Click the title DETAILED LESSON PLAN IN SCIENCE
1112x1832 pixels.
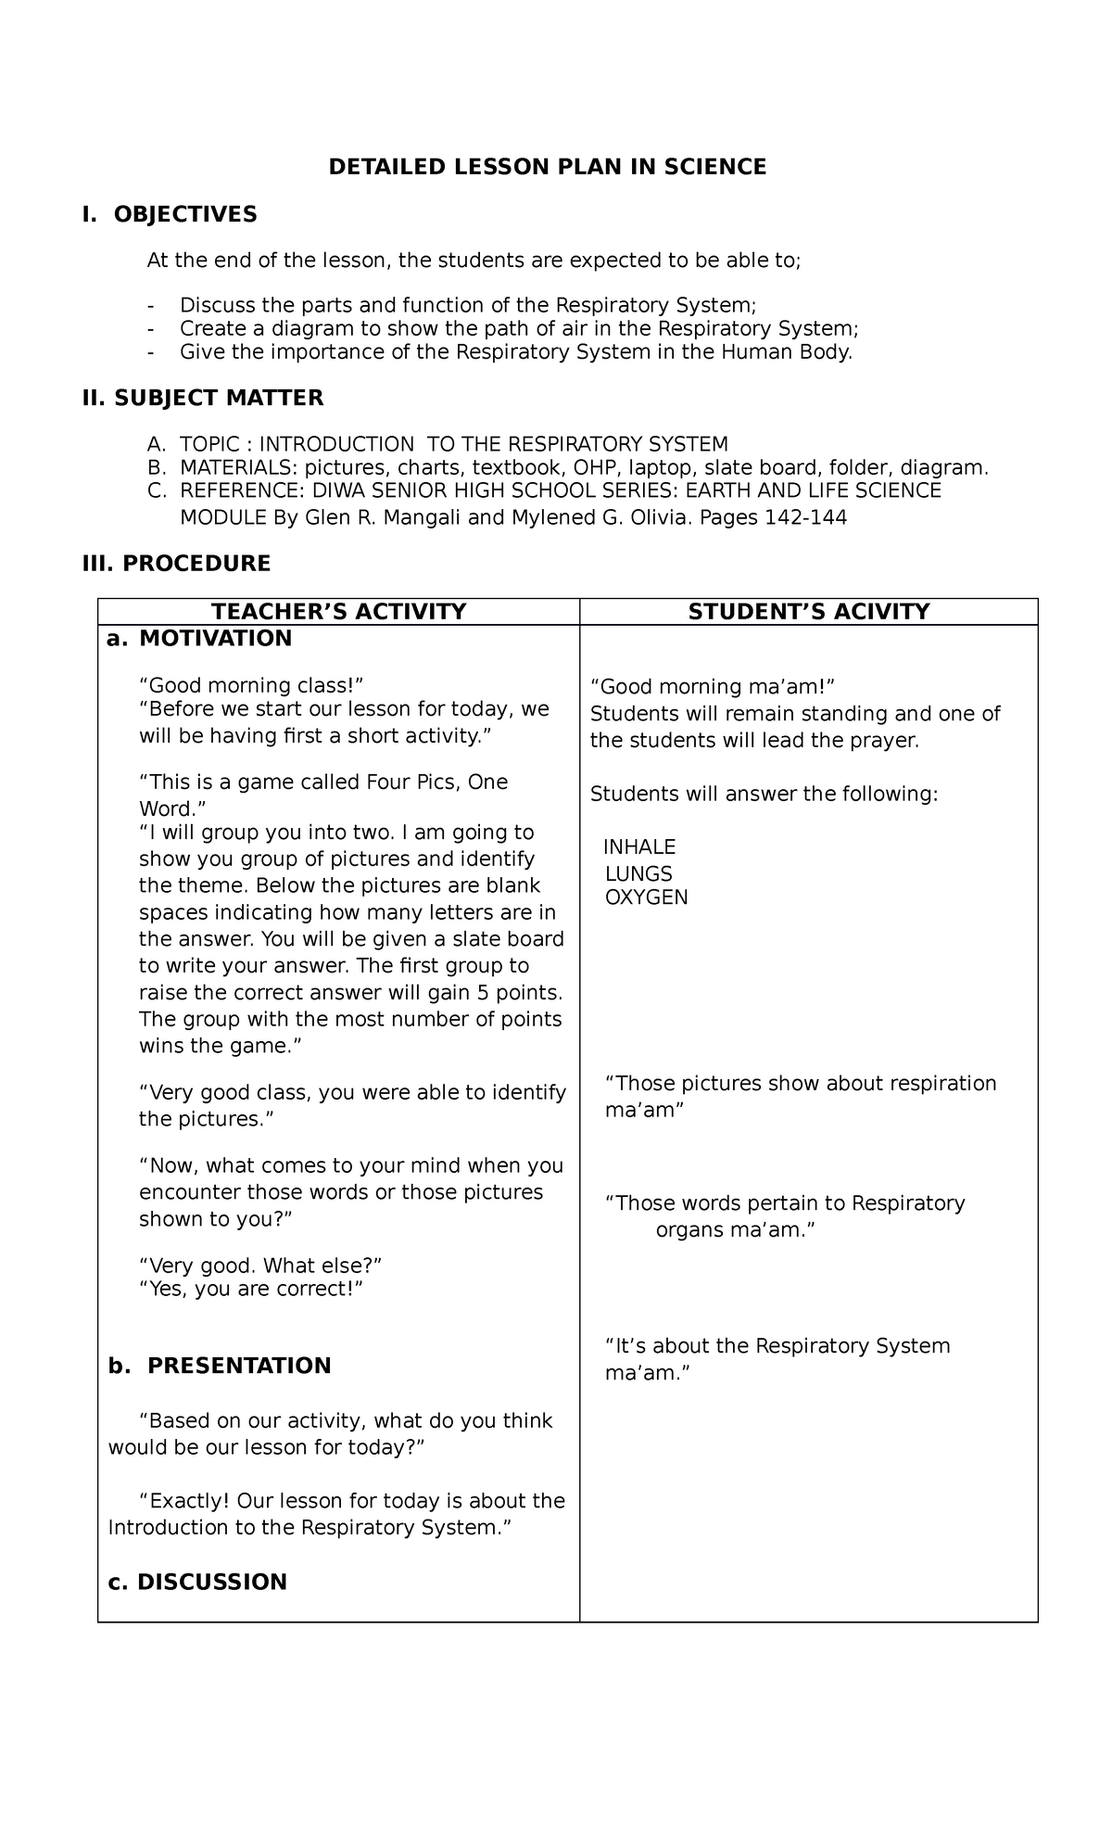click(548, 167)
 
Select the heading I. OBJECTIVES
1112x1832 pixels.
click(170, 214)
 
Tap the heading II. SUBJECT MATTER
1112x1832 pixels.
click(203, 398)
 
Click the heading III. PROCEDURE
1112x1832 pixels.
click(176, 563)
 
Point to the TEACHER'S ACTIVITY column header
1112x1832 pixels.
click(338, 611)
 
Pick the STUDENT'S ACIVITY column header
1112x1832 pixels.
click(808, 611)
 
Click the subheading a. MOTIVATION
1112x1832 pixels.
click(199, 638)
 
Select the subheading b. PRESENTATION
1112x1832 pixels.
click(220, 1366)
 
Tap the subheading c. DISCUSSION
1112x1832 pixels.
click(197, 1582)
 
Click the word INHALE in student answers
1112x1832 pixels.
click(639, 846)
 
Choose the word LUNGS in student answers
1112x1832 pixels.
click(638, 873)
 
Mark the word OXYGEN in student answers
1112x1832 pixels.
click(646, 897)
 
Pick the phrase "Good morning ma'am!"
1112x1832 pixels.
click(713, 687)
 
